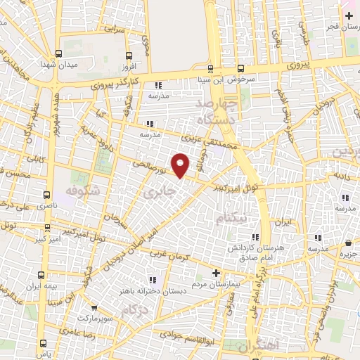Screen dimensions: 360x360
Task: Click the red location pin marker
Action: click(x=181, y=165)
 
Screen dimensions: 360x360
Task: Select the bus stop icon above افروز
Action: click(x=127, y=55)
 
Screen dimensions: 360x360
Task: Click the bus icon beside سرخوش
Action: click(x=241, y=69)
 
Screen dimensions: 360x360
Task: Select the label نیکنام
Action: click(x=230, y=218)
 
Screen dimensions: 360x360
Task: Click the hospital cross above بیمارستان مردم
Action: click(x=216, y=273)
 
